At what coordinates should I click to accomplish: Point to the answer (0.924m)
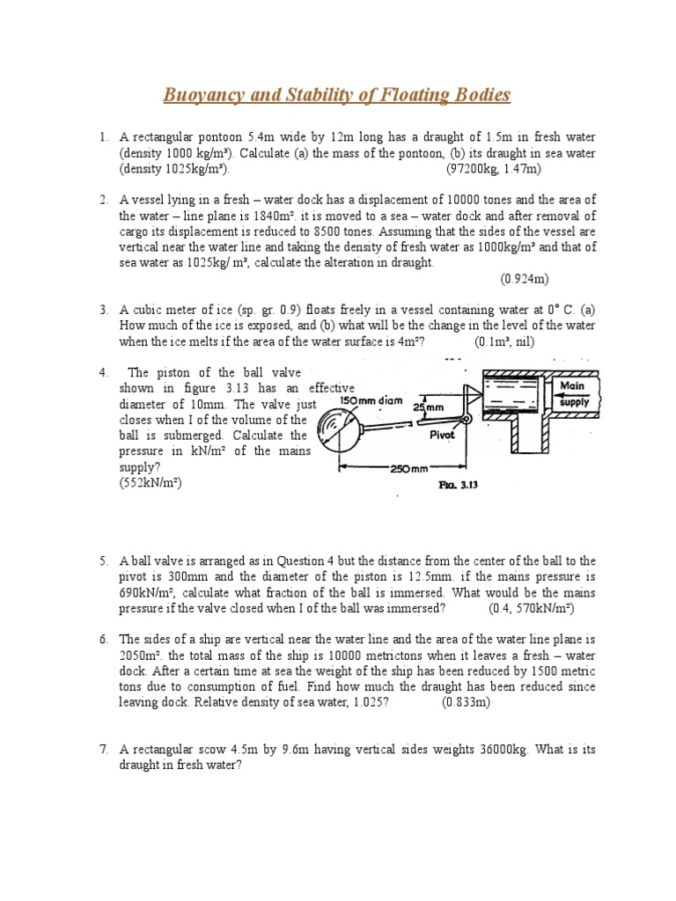tap(525, 279)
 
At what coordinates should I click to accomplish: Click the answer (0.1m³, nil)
tap(504, 341)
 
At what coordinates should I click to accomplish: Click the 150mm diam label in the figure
tap(371, 401)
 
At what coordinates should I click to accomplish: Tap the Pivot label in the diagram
tap(442, 435)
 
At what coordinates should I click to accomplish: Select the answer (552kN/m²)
tap(151, 484)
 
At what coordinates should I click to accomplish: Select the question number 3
tap(103, 310)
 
